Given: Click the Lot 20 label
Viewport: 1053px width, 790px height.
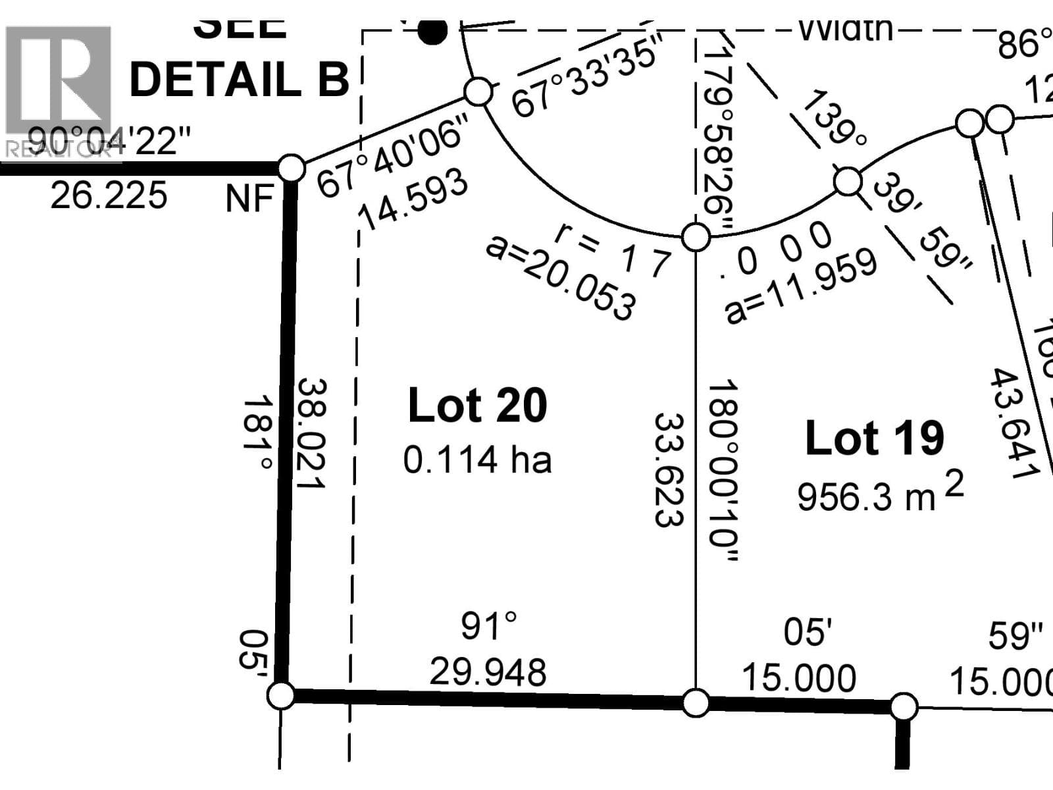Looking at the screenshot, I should pos(477,406).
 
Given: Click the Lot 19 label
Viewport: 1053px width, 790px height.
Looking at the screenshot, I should pos(875,438).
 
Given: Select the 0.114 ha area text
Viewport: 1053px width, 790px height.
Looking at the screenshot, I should pos(477,460).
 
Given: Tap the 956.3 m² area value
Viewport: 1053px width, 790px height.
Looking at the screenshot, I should pos(880,495).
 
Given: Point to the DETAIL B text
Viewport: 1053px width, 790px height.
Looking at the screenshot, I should pos(239,80).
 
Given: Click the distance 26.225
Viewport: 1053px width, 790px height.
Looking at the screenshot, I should pos(109,196).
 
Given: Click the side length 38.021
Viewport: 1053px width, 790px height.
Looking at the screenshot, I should pos(311,433).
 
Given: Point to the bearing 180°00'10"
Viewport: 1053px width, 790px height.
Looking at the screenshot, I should pos(724,470).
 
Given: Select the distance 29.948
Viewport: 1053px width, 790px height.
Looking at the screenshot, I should pos(488,672).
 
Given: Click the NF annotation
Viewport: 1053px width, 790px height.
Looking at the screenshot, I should pos(249,198).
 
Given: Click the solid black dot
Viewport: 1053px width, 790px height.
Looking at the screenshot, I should pos(432,30).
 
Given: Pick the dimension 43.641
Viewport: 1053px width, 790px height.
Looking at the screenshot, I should pos(1014,423).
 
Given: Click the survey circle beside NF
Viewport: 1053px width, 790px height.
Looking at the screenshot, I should pos(292,169).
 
